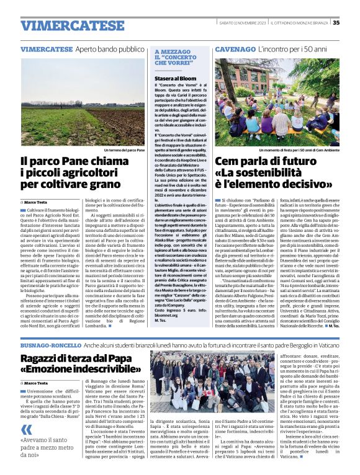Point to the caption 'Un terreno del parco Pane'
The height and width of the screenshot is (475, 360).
point(124,151)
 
